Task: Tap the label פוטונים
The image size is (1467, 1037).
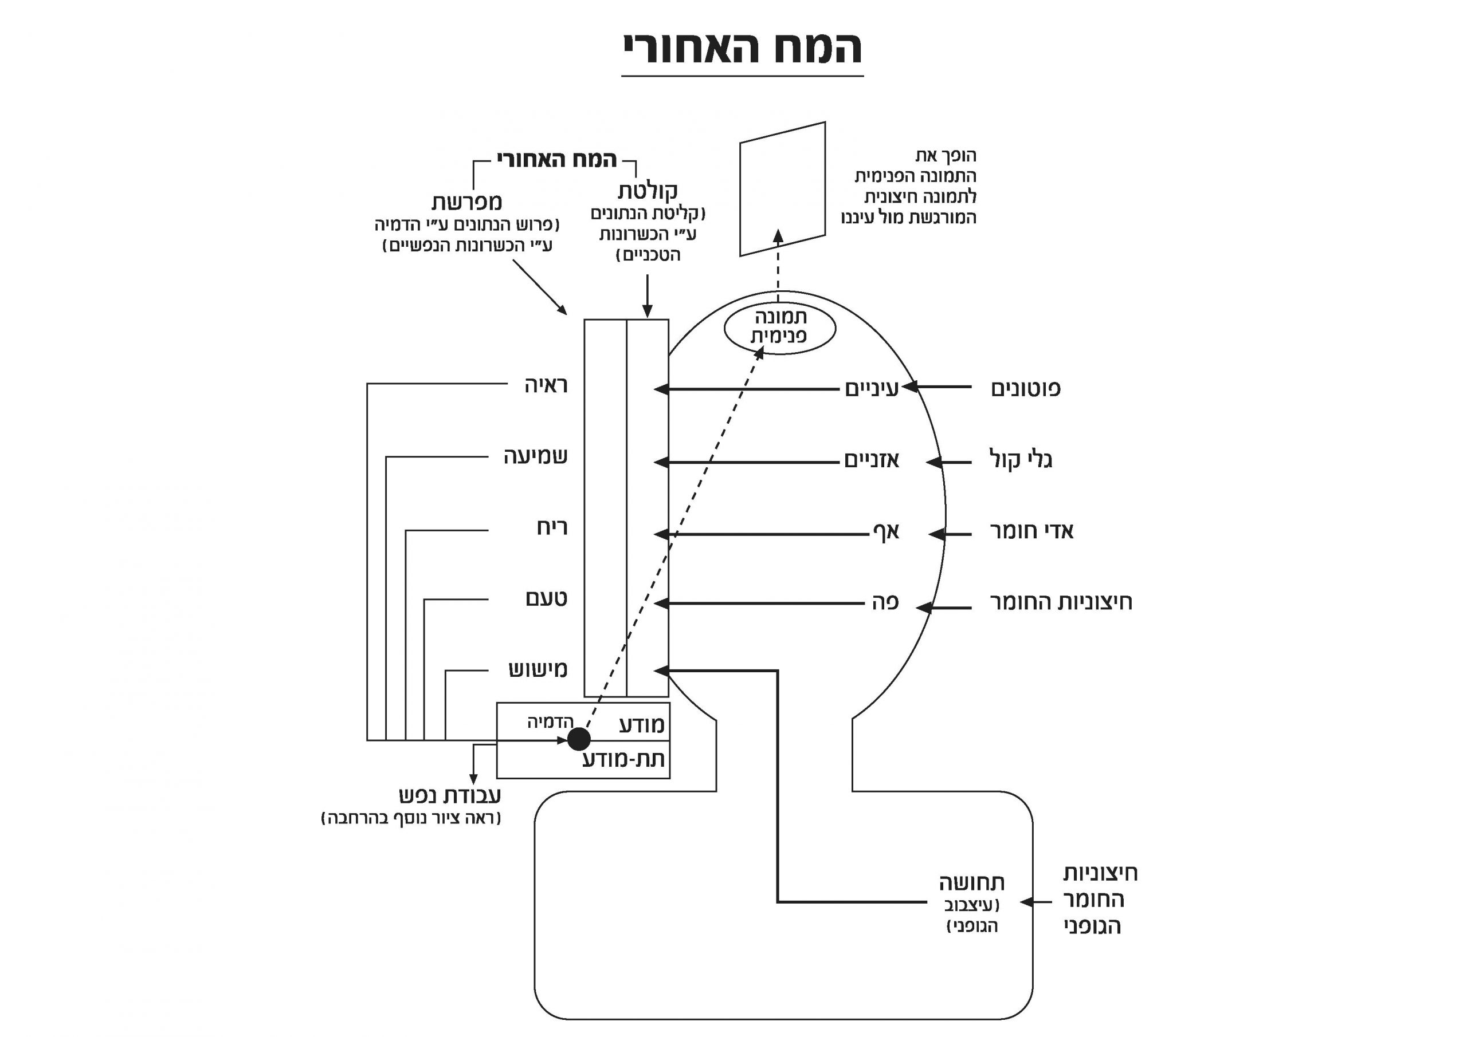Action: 1026,388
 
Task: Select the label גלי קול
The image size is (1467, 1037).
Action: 1021,460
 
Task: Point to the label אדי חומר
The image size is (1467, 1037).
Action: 1031,531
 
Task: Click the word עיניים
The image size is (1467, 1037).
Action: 872,388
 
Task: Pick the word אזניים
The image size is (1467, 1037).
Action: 872,460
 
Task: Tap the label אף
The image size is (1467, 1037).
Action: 886,531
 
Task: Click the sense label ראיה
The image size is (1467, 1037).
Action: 546,385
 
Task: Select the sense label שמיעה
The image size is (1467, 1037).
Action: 535,456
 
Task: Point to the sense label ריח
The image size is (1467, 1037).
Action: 552,527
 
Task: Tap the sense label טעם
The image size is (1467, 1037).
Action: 546,598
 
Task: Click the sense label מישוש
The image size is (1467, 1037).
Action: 538,669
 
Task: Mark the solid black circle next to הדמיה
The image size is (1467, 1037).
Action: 579,739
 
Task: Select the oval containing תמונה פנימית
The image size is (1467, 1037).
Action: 779,328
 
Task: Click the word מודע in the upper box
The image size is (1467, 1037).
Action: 642,725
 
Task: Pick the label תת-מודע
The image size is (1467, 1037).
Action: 624,759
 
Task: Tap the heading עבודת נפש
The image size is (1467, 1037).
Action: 450,795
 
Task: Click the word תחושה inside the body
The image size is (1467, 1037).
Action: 972,883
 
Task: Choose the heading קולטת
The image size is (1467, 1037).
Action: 647,191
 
